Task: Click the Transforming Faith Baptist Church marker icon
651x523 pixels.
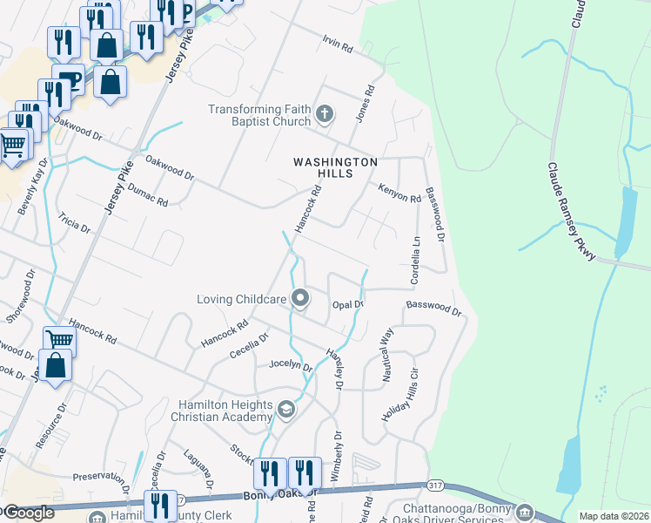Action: pyautogui.click(x=325, y=113)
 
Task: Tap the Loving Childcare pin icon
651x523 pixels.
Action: pyautogui.click(x=300, y=299)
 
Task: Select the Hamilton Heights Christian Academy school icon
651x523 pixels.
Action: pyautogui.click(x=285, y=409)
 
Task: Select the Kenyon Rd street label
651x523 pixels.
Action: pyautogui.click(x=399, y=193)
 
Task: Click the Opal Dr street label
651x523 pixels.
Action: pyautogui.click(x=347, y=304)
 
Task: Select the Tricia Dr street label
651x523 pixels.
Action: pyautogui.click(x=74, y=221)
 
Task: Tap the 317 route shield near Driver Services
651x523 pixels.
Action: pyautogui.click(x=435, y=485)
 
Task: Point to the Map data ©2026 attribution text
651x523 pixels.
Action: pyautogui.click(x=614, y=516)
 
